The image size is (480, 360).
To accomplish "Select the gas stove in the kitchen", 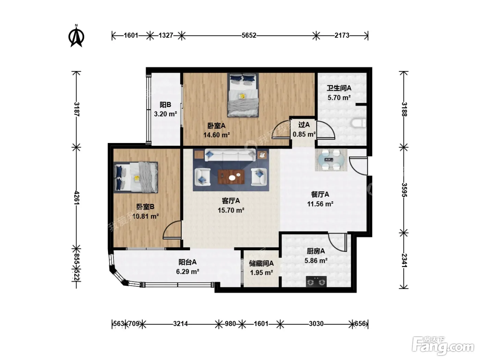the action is (x=316, y=281).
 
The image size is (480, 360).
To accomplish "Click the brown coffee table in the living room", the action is (x=231, y=177).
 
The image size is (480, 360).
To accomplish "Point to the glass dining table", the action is (x=331, y=160).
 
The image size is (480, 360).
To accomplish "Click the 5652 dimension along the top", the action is (x=249, y=35).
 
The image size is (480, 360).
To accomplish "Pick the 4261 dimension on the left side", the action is (x=77, y=197).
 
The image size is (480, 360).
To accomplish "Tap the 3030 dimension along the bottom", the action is (x=316, y=324).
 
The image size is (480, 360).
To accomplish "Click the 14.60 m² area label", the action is (x=216, y=135).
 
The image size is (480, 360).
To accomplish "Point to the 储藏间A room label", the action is (x=261, y=263).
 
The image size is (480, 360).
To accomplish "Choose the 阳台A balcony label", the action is (x=188, y=262).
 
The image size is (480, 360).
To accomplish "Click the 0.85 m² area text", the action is (x=304, y=134).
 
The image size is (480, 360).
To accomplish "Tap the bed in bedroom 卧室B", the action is (x=136, y=178).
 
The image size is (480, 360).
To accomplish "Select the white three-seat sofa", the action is (x=230, y=155).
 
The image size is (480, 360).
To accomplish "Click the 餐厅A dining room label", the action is (x=320, y=194).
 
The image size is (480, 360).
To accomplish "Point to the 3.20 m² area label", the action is (x=165, y=114).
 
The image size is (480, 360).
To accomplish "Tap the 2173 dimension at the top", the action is (x=342, y=35).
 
